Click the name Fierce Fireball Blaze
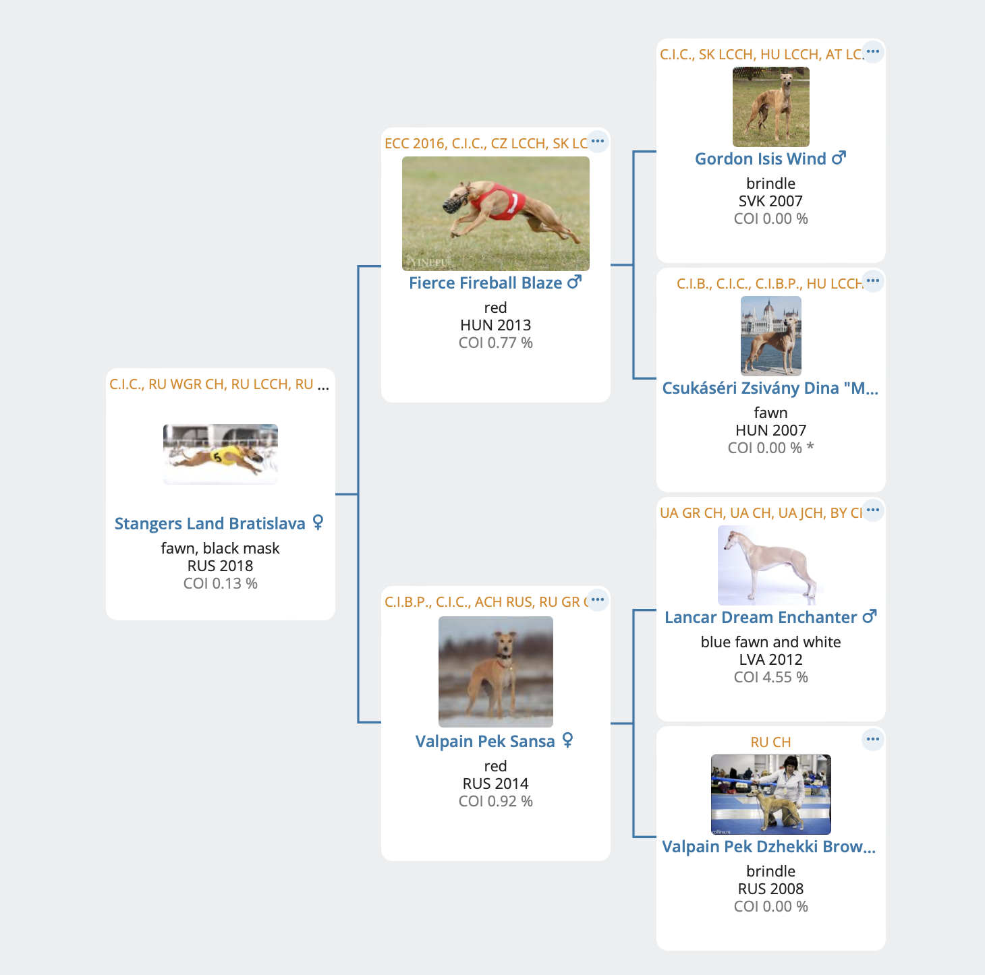(x=485, y=283)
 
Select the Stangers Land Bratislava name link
(x=210, y=523)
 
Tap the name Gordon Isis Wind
(x=760, y=158)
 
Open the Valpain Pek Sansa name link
(x=484, y=741)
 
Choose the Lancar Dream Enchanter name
(x=760, y=617)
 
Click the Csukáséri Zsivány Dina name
(x=770, y=388)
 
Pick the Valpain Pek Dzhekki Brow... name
(x=769, y=846)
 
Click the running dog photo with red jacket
(x=495, y=214)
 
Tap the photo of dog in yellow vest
(x=221, y=454)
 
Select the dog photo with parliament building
(x=771, y=336)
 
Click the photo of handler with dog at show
(x=771, y=794)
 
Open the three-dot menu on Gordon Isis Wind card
(x=873, y=52)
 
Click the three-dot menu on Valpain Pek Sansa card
(x=598, y=599)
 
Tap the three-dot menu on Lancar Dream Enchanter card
(x=873, y=510)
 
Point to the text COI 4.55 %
(x=771, y=677)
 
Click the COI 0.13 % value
(x=221, y=583)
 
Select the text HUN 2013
(x=495, y=325)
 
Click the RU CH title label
(x=771, y=742)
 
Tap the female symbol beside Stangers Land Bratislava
(x=318, y=523)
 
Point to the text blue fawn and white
(x=771, y=642)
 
